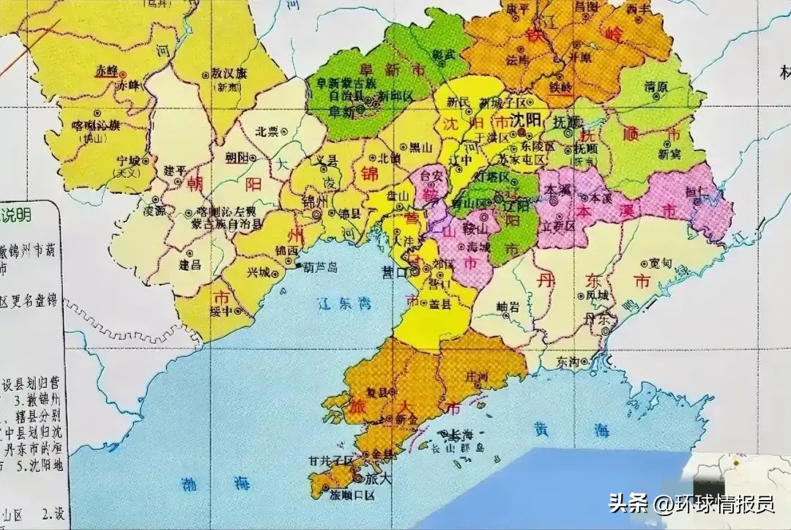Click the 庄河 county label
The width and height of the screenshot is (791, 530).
[x=477, y=376]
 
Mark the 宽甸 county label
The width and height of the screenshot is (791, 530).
[x=661, y=262]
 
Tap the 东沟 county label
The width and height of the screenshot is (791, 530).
[x=568, y=362]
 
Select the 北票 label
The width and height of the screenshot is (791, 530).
[x=266, y=132]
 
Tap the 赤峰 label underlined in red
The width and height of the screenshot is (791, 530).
[x=107, y=70]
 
